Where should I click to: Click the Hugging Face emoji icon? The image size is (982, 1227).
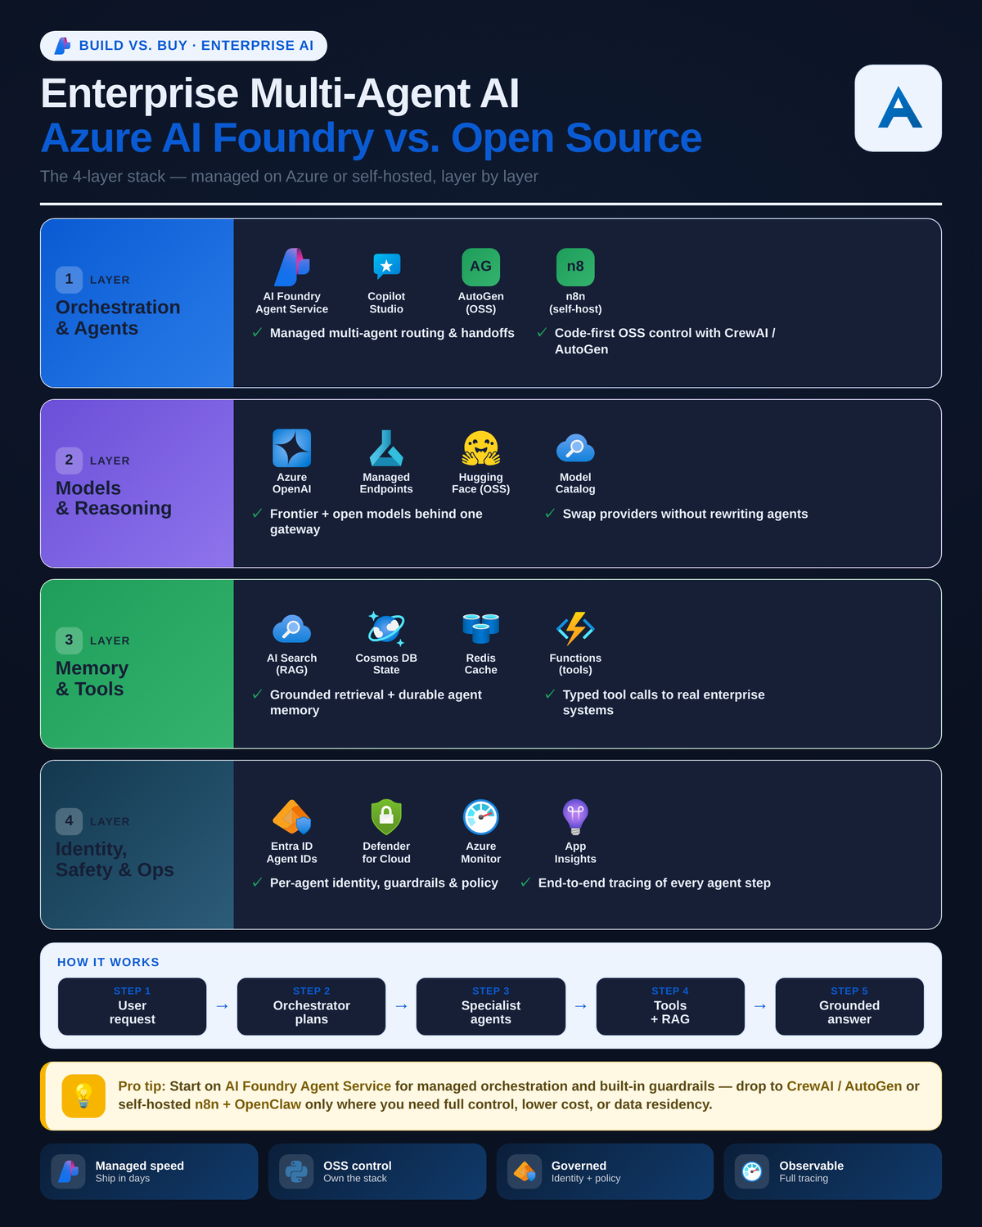(x=481, y=448)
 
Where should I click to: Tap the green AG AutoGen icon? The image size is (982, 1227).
(x=481, y=267)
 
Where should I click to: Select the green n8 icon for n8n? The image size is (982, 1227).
(x=575, y=267)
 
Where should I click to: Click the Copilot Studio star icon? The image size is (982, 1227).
(x=386, y=267)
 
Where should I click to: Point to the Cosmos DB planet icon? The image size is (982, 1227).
(x=386, y=628)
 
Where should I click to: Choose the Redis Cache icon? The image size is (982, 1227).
(x=481, y=629)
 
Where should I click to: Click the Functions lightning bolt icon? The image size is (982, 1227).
(x=575, y=629)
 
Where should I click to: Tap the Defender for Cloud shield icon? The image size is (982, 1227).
(x=386, y=816)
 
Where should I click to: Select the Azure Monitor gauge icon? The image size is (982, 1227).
(x=481, y=817)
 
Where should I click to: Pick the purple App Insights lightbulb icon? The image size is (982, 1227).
(x=575, y=817)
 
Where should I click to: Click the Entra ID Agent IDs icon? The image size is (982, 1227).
(x=292, y=817)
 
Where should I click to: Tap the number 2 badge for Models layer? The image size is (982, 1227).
(x=69, y=460)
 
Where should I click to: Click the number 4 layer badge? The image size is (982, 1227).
(x=69, y=821)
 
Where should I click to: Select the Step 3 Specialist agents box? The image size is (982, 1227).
(x=491, y=1006)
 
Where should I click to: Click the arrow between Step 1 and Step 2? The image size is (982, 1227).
(x=222, y=1006)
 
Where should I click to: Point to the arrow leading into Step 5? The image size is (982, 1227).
(x=760, y=1006)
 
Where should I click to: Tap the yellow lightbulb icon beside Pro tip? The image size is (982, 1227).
(x=83, y=1096)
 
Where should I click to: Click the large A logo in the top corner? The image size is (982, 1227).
(x=899, y=108)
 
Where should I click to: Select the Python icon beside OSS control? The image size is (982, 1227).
(x=296, y=1171)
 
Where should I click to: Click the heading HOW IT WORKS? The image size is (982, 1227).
(x=108, y=963)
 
